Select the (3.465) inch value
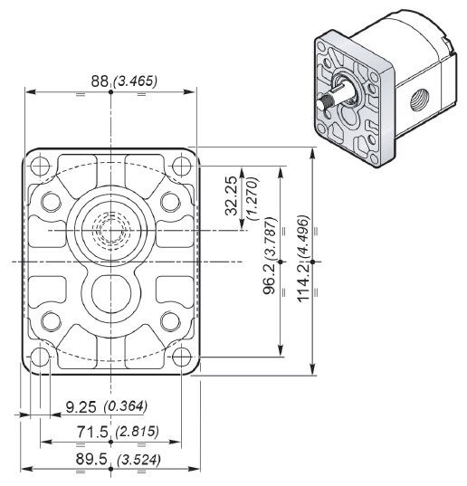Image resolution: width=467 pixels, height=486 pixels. tap(134, 81)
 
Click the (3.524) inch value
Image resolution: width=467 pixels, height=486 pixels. tap(136, 459)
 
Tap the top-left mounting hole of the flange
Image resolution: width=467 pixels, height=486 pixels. tap(41, 167)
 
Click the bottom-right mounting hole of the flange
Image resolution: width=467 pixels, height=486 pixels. tap(181, 359)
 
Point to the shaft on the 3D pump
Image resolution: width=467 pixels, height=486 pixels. tap(329, 102)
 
